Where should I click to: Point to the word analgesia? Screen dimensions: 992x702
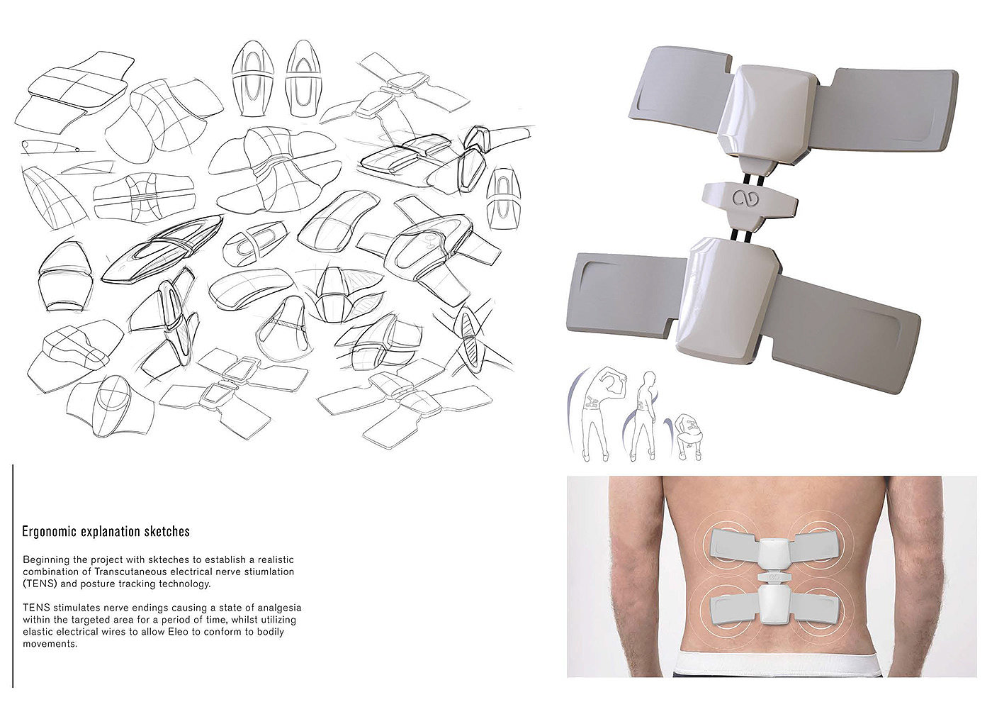[279, 608]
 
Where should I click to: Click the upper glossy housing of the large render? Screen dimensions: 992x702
[769, 115]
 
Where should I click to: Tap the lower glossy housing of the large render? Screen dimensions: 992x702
[727, 301]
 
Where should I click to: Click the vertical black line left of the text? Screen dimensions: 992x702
[13, 576]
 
